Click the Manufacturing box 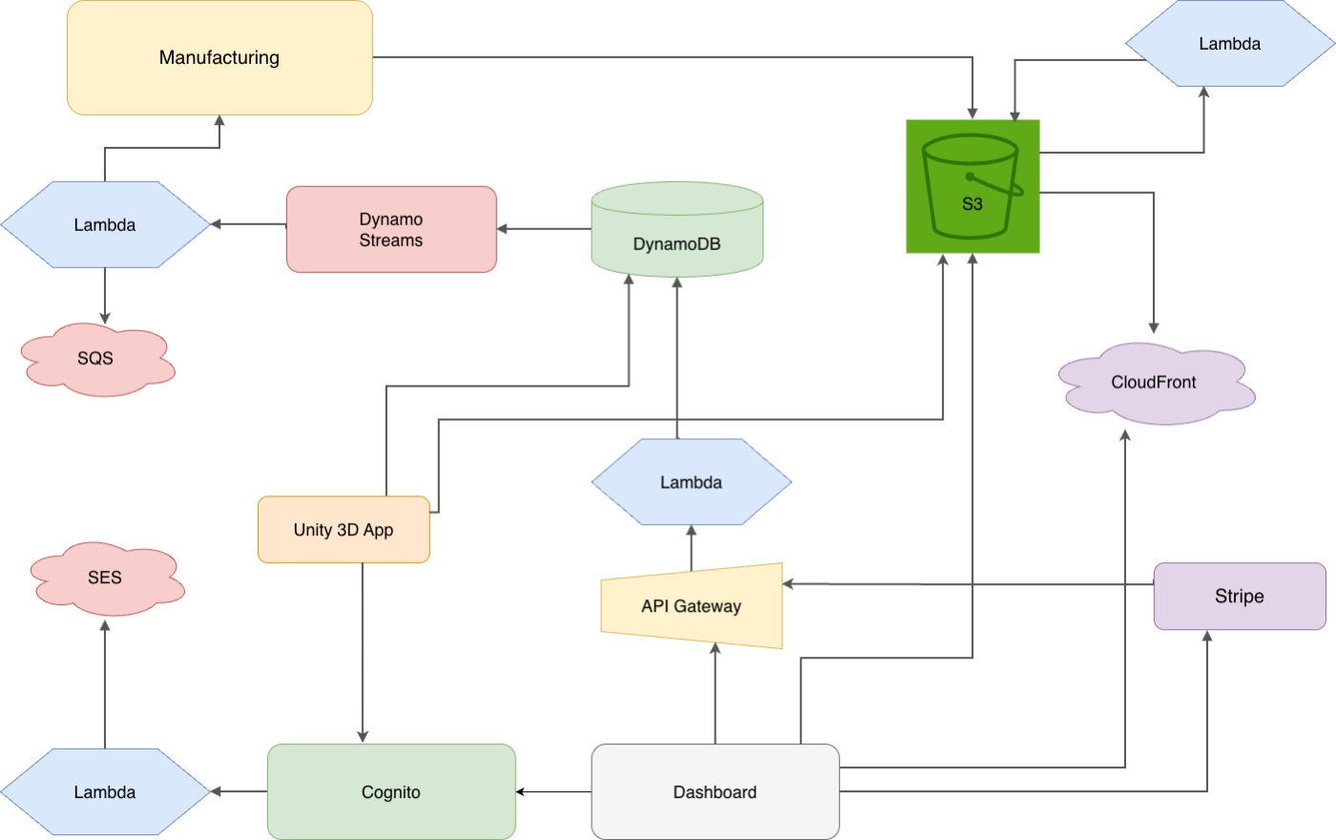[x=219, y=57]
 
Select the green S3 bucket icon [x=972, y=186]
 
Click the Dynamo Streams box [x=391, y=229]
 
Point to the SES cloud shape [x=106, y=578]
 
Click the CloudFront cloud [x=1155, y=383]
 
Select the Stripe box [x=1239, y=597]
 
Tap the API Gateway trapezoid [x=692, y=606]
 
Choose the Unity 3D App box [x=344, y=530]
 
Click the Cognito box [x=391, y=792]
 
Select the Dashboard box [x=715, y=792]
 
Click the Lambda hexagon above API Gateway [x=691, y=482]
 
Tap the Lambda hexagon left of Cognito [x=105, y=792]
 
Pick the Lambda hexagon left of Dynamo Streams [x=105, y=225]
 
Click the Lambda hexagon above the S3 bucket [x=1229, y=44]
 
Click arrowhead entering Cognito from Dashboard [x=521, y=791]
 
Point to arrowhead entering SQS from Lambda [x=105, y=318]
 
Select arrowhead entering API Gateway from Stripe [x=788, y=583]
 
